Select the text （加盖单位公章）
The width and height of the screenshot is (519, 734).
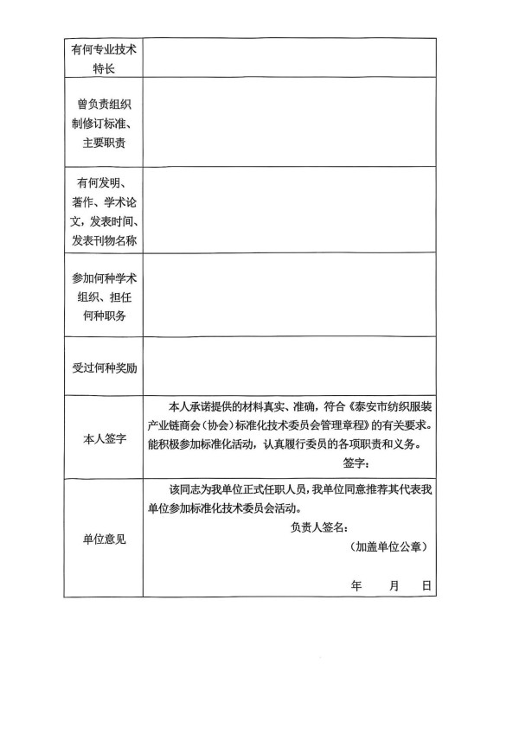coord(389,547)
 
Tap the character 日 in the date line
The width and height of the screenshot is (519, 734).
coord(426,585)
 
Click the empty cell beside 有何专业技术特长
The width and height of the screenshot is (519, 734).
coord(290,56)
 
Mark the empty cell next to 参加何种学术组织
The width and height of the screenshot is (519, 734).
coord(290,296)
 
